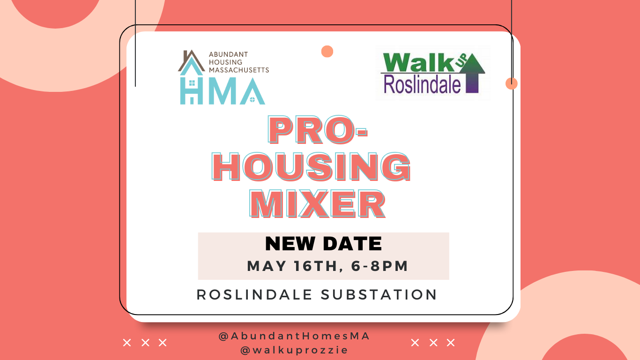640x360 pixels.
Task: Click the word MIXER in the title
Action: tap(318, 203)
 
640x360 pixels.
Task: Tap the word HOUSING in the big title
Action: tap(311, 166)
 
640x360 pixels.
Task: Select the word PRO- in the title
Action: tap(318, 129)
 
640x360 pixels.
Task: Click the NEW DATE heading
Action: tap(323, 244)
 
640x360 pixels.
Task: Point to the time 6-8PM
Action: tap(380, 266)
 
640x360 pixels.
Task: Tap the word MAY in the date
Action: tap(267, 266)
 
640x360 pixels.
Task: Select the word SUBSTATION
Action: tap(379, 294)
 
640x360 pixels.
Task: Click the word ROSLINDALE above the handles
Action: tap(254, 294)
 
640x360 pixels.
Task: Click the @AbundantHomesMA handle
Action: tap(294, 336)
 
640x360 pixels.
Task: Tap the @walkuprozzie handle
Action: tap(294, 350)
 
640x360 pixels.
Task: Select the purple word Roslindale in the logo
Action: tap(422, 84)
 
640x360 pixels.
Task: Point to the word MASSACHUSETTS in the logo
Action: tap(239, 70)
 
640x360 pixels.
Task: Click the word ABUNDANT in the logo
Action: tap(228, 54)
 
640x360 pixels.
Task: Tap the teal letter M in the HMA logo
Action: tap(222, 91)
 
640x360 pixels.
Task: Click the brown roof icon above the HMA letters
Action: tap(191, 60)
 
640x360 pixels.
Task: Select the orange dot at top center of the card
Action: tap(327, 52)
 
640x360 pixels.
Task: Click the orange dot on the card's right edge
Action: tap(512, 83)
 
